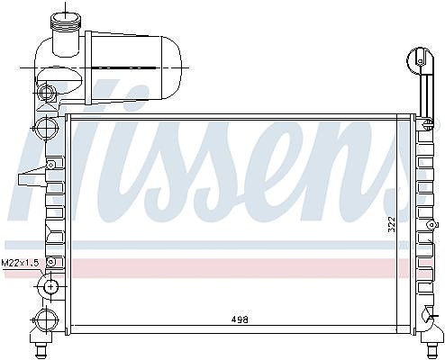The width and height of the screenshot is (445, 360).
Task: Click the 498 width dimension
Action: pos(240,319)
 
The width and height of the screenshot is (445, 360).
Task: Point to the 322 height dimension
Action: pos(392,224)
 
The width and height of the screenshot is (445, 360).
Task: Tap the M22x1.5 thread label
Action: pos(20,263)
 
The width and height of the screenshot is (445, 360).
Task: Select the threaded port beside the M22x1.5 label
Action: pos(50,287)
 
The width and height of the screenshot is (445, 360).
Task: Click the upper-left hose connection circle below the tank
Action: pos(46,128)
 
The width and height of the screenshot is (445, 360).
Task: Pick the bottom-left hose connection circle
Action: pos(46,319)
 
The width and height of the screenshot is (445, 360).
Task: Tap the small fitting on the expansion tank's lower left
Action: pos(46,92)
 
